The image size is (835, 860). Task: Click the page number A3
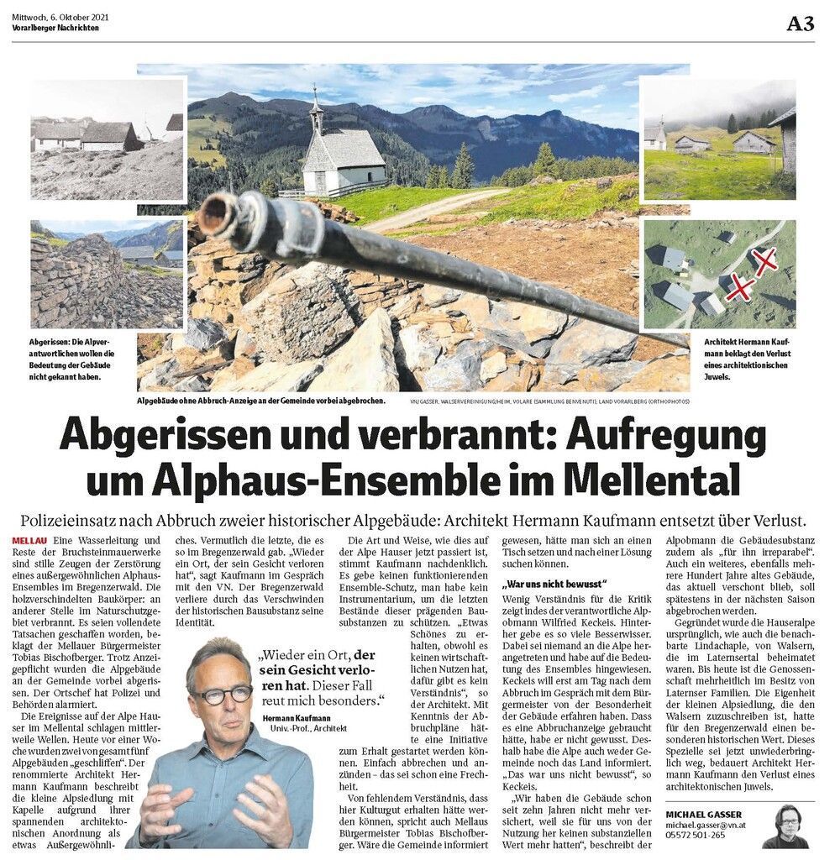click(x=800, y=24)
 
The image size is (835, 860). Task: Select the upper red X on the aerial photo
click(x=765, y=262)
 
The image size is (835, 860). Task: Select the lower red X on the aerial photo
click(x=738, y=287)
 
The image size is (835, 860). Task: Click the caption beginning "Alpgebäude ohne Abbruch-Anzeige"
click(x=261, y=401)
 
